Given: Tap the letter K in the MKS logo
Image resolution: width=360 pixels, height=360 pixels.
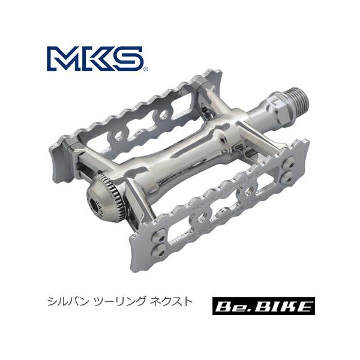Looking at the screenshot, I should [101, 59].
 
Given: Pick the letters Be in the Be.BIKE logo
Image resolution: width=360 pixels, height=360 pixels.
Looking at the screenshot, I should [238, 307].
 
